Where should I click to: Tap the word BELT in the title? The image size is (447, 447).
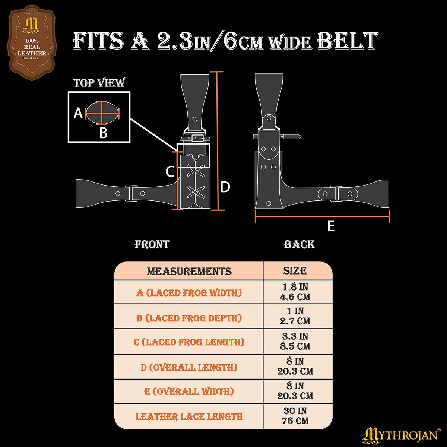coord(347,41)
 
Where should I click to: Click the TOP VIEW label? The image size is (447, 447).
coord(99,83)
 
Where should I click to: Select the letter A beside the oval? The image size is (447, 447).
coord(78,112)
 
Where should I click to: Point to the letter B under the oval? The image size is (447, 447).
coord(103,133)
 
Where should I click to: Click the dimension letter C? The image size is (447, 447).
coord(170,172)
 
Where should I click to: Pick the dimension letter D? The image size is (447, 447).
coord(225,187)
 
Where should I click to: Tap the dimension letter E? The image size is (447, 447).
coord(331,226)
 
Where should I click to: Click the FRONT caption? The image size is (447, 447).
coord(152,244)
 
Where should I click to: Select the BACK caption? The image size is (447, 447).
coord(299,244)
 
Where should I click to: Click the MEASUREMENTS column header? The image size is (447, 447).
coord(189,271)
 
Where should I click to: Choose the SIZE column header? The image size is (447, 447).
coord(295,271)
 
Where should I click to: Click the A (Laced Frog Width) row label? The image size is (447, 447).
coord(189,293)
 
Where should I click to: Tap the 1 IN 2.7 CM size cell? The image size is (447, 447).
coord(295,316)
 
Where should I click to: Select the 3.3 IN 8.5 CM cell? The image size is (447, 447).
coord(295,341)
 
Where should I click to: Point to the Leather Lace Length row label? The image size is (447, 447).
coord(189,416)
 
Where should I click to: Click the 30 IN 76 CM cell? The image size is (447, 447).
coord(295,416)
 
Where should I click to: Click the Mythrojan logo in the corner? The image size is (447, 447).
coord(401,435)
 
